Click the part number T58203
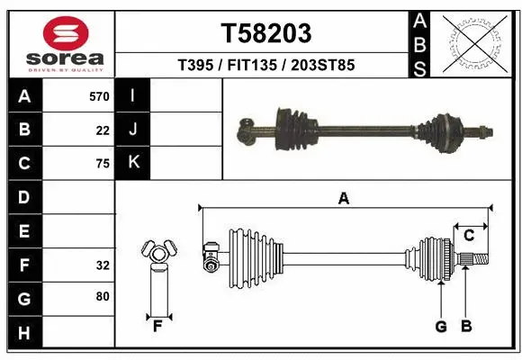[266, 33]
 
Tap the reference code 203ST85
[319, 65]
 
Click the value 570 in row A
[99, 96]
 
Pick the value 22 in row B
[103, 130]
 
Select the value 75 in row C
[103, 164]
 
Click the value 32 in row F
[103, 265]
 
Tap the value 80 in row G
[103, 295]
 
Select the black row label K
[133, 163]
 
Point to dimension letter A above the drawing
[343, 199]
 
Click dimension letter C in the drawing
[469, 235]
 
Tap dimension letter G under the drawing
[441, 327]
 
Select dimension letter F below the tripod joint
[157, 326]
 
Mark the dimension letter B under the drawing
[465, 327]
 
